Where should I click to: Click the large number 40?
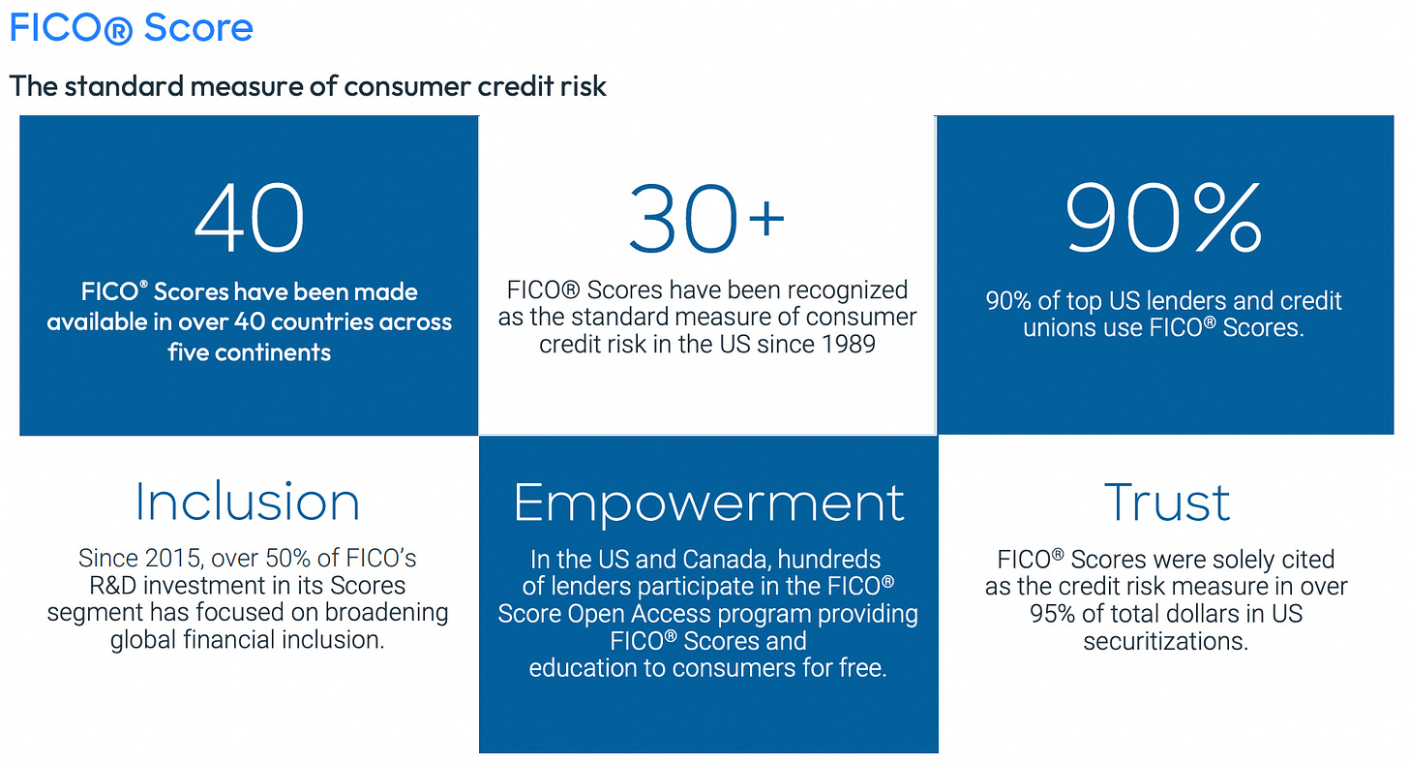click(250, 218)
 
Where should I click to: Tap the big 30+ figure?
click(707, 218)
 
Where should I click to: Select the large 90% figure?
click(1163, 218)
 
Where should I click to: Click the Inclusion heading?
click(247, 502)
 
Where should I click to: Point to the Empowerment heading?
click(709, 503)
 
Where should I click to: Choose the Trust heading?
click(1167, 503)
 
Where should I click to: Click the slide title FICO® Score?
click(131, 28)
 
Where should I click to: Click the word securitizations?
click(1165, 641)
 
